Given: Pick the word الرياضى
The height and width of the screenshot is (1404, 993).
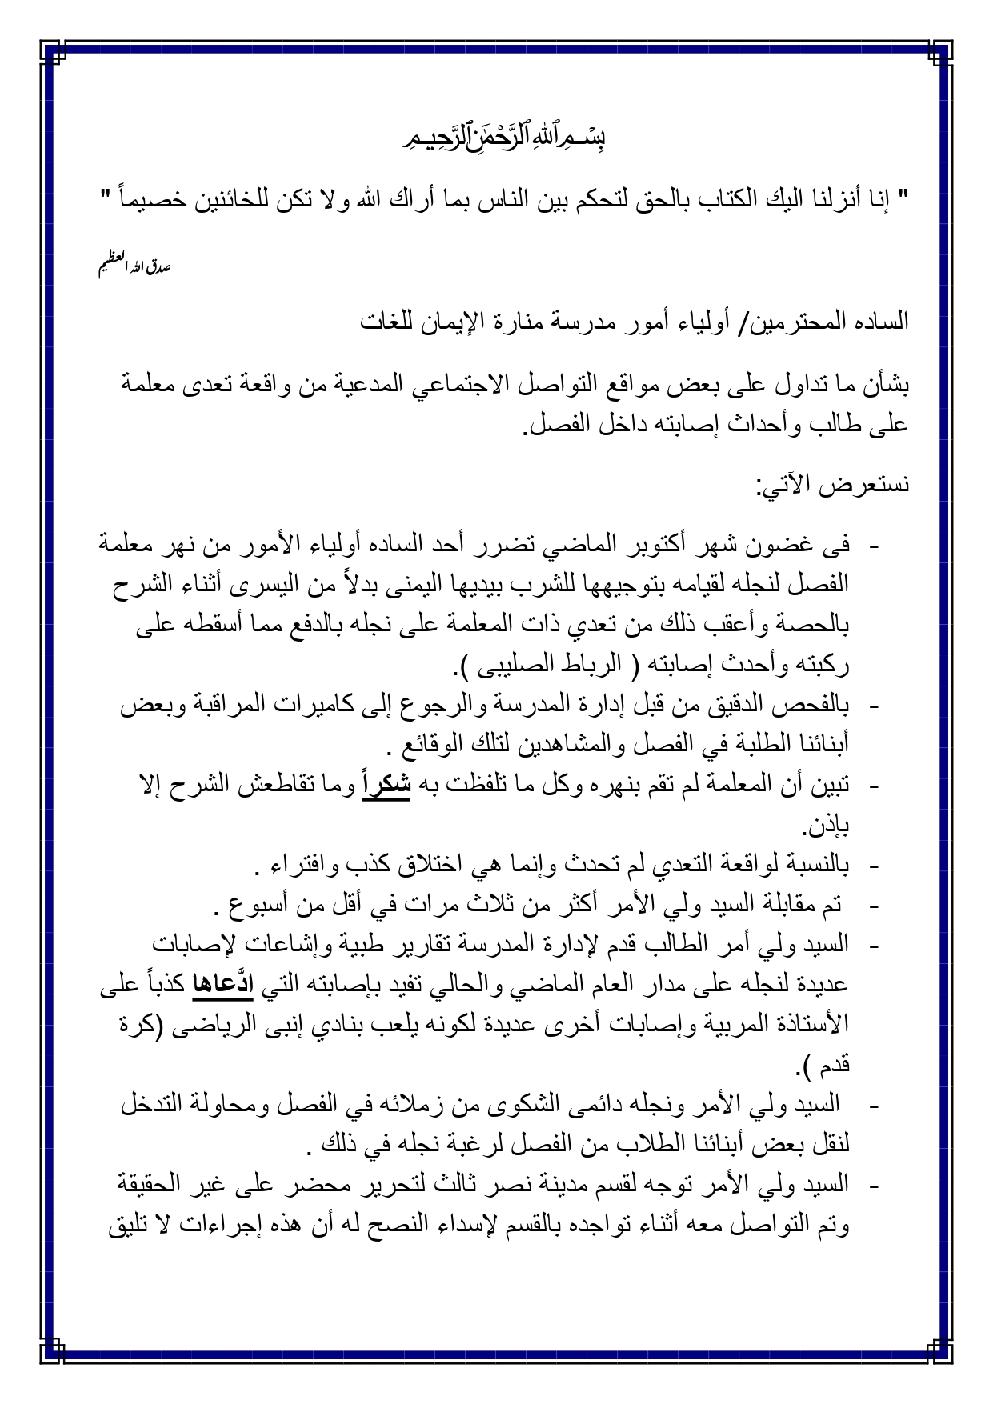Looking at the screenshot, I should coord(199,1024).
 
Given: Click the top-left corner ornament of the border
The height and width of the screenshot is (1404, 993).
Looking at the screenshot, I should coord(54,54).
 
